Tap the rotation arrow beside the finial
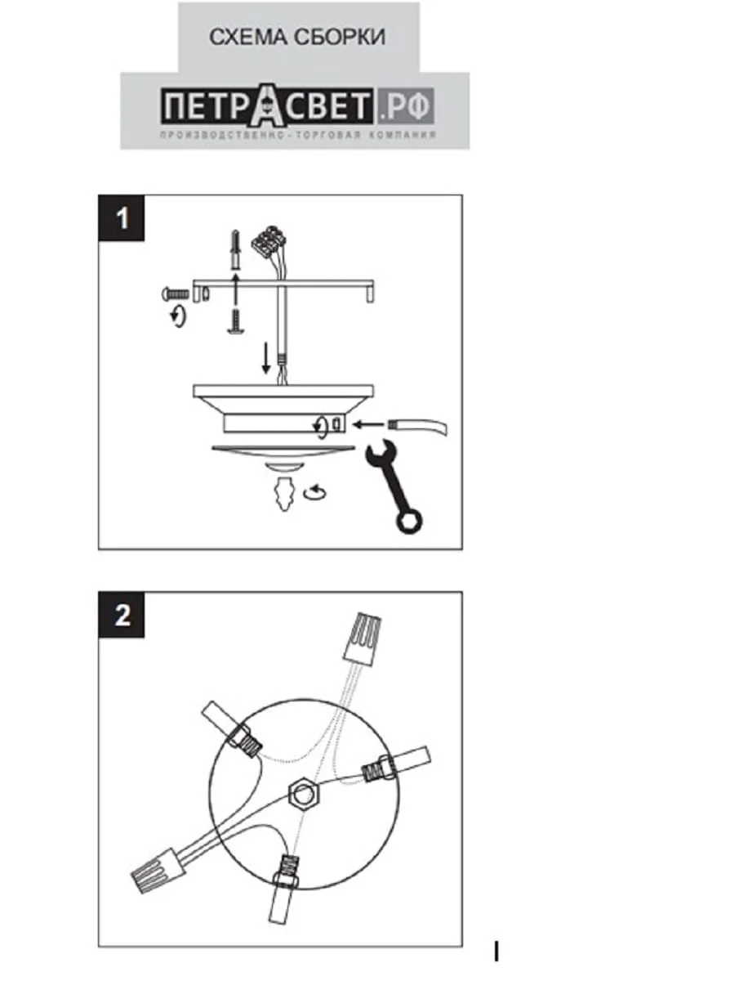pos(316,492)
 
